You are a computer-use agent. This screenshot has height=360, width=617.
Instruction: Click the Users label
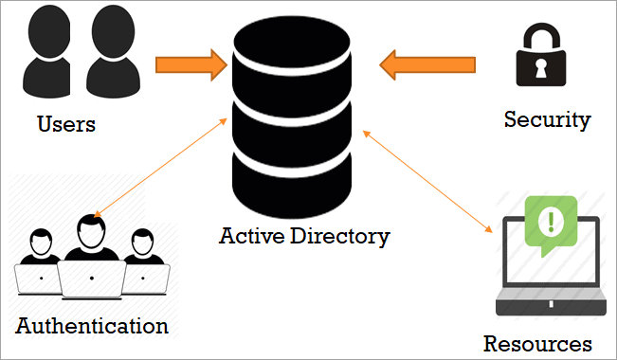(66, 124)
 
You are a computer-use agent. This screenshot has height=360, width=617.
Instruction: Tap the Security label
(548, 119)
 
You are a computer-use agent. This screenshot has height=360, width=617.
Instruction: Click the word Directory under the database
(340, 237)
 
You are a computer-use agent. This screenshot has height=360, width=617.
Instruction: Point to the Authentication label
(92, 326)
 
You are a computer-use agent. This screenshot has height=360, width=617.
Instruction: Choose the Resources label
(537, 344)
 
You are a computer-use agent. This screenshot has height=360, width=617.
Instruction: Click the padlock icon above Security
(541, 54)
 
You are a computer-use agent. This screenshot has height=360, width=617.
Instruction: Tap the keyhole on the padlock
(541, 67)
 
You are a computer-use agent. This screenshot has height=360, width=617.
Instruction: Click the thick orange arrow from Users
(191, 65)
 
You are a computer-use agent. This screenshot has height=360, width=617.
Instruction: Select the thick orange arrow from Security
(427, 65)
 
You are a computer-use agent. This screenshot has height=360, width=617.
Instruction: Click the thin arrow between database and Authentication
(160, 168)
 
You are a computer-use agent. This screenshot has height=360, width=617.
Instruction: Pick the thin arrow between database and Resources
(427, 181)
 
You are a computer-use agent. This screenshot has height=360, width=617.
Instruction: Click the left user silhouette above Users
(47, 51)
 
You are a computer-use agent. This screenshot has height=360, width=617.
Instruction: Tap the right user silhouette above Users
(113, 51)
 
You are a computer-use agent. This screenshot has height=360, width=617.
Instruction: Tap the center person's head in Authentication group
(91, 231)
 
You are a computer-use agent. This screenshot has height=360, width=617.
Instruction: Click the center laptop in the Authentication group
(92, 279)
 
